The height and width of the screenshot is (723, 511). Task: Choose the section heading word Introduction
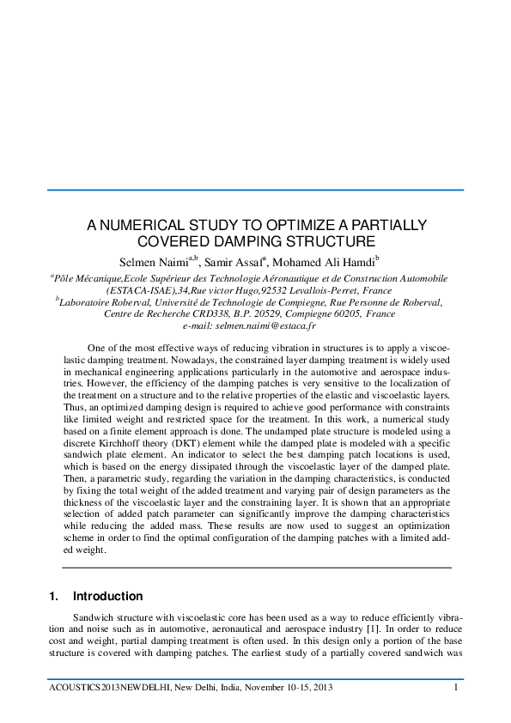click(x=108, y=596)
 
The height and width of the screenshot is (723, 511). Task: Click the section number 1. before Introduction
click(x=55, y=596)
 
